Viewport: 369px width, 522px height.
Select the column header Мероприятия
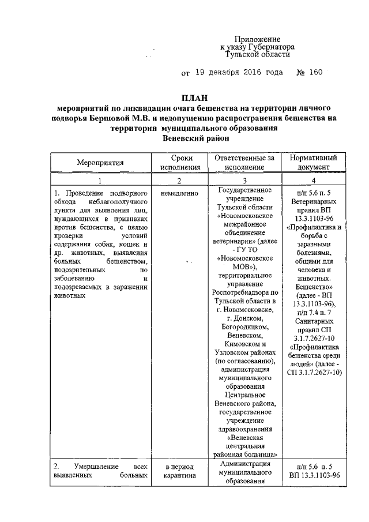click(x=101, y=163)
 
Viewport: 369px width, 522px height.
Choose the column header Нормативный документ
click(x=318, y=163)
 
